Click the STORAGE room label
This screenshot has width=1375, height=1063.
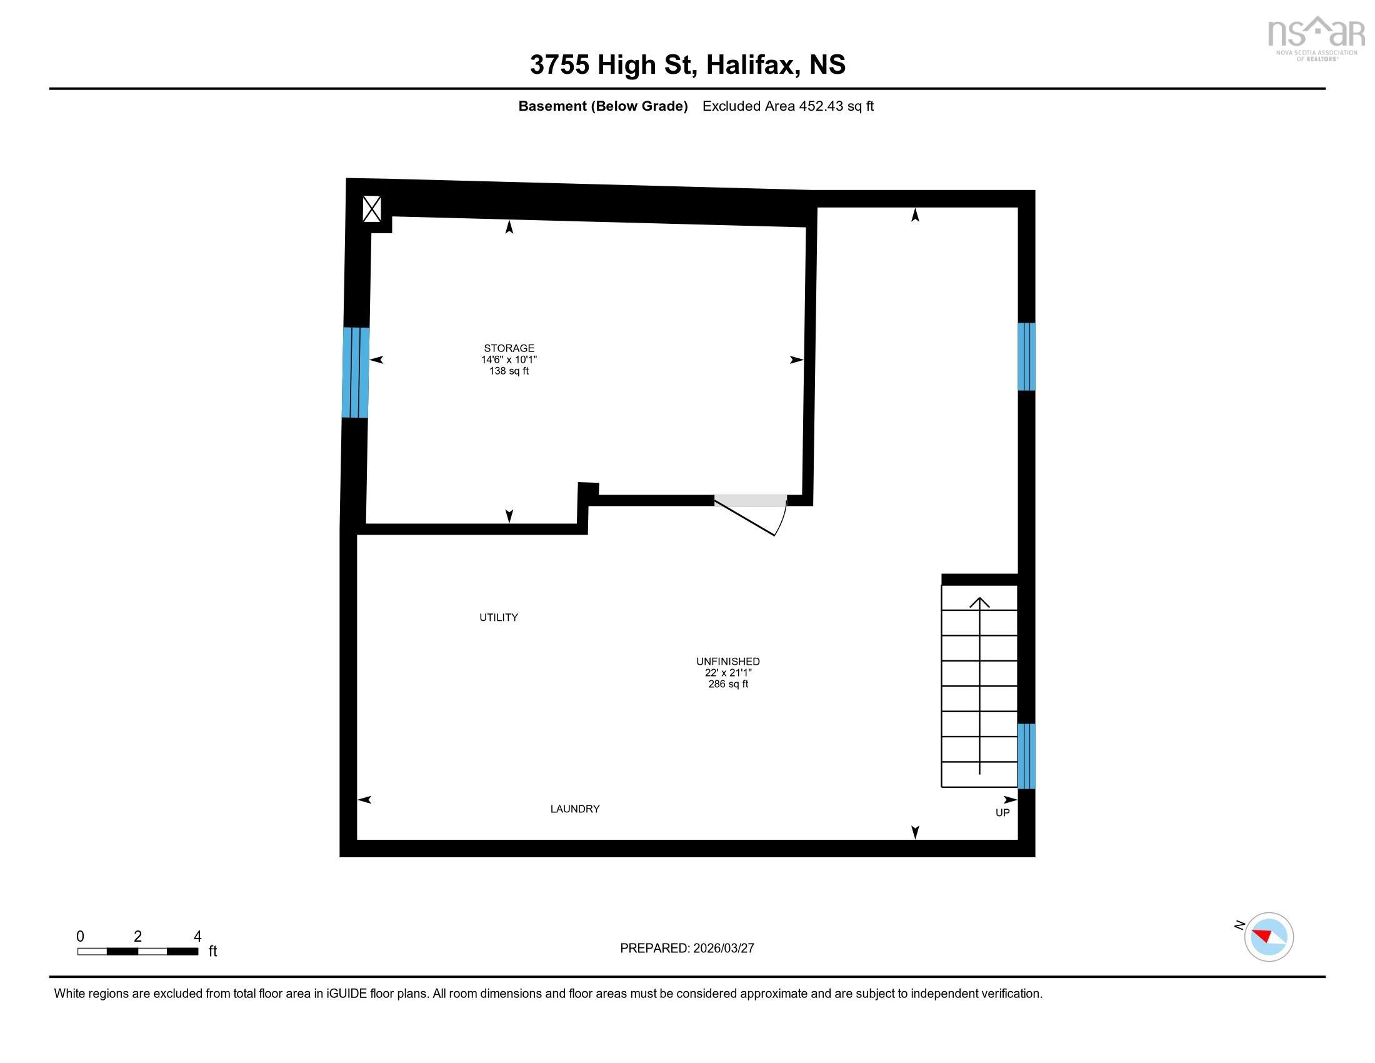point(509,348)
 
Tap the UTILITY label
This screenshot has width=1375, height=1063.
point(499,617)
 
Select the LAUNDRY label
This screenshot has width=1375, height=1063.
point(575,809)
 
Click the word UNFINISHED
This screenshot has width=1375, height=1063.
point(727,661)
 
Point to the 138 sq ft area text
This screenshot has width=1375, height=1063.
point(509,371)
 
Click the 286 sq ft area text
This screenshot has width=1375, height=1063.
point(727,684)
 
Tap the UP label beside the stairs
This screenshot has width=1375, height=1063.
point(1002,813)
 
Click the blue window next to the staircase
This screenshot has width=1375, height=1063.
point(1026,756)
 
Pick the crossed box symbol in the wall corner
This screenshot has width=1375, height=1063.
point(371,209)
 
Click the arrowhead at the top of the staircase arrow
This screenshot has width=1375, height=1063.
point(979,602)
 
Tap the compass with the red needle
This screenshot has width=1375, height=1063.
point(1269,937)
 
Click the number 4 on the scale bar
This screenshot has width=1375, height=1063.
point(197,937)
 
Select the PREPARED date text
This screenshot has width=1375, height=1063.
point(687,949)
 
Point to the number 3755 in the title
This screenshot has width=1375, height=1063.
point(559,64)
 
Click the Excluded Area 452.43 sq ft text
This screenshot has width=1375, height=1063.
point(787,106)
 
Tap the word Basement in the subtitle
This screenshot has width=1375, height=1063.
point(552,106)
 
